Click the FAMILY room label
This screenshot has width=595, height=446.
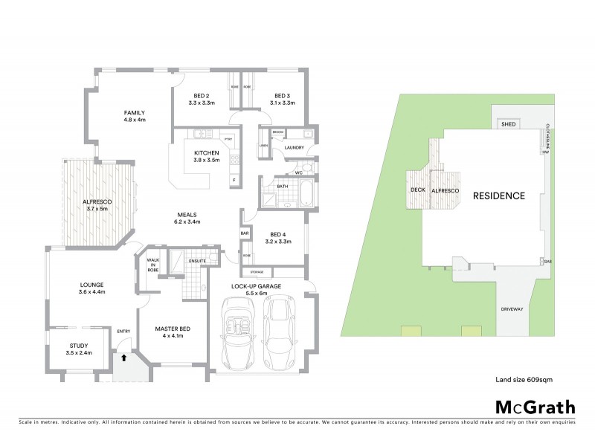coord(134,113)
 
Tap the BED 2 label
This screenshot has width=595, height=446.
coord(201,96)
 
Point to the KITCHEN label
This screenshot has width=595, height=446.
coord(207,154)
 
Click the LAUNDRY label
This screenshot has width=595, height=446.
coord(295,148)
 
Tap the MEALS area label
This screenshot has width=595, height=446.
coord(187,216)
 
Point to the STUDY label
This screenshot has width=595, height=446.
coord(78,346)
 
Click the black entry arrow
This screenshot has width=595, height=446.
coord(124,358)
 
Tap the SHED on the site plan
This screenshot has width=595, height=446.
coord(509,125)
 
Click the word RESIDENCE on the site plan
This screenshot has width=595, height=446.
coord(499,196)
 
